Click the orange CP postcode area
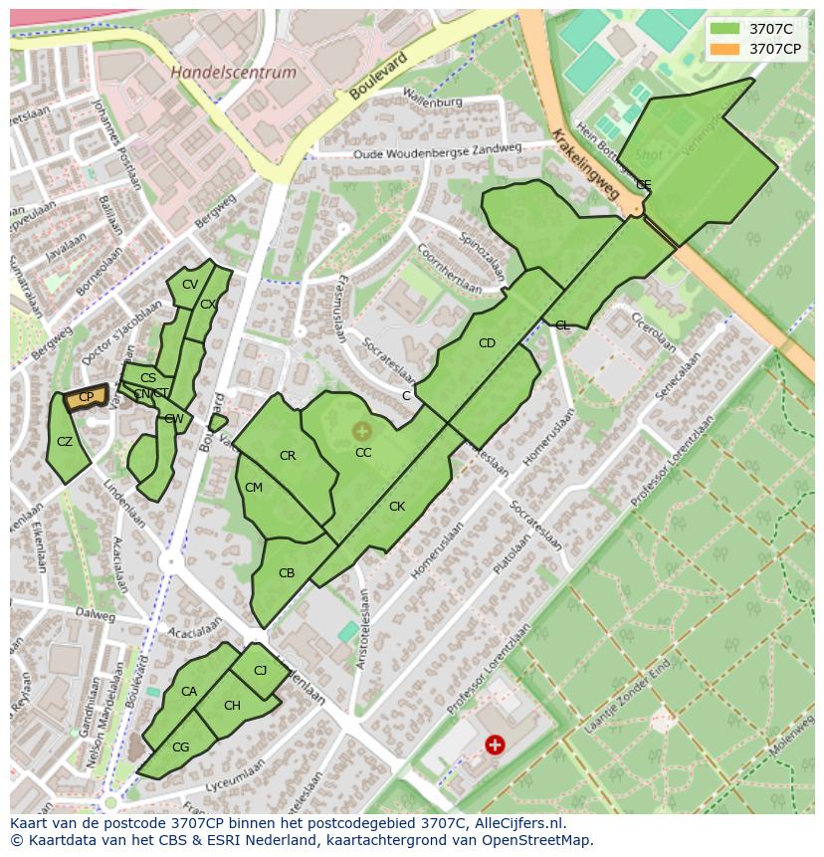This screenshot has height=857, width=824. click(x=86, y=398)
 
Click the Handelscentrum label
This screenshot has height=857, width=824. click(x=233, y=73)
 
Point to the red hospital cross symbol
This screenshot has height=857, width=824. click(x=494, y=744)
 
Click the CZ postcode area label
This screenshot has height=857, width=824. click(x=65, y=442)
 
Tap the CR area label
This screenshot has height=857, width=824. click(x=288, y=456)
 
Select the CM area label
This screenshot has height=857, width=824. click(x=254, y=488)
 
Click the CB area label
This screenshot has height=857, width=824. click(x=287, y=573)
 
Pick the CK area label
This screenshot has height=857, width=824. click(x=397, y=507)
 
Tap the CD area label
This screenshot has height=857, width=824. click(x=487, y=343)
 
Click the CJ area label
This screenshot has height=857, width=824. click(x=260, y=671)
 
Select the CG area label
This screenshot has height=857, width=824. click(x=180, y=748)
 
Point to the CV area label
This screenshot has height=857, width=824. click(x=189, y=285)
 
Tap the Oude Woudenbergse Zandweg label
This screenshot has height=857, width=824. click(x=439, y=149)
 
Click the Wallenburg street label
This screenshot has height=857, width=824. click(x=433, y=101)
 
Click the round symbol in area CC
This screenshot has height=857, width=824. click(x=361, y=431)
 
